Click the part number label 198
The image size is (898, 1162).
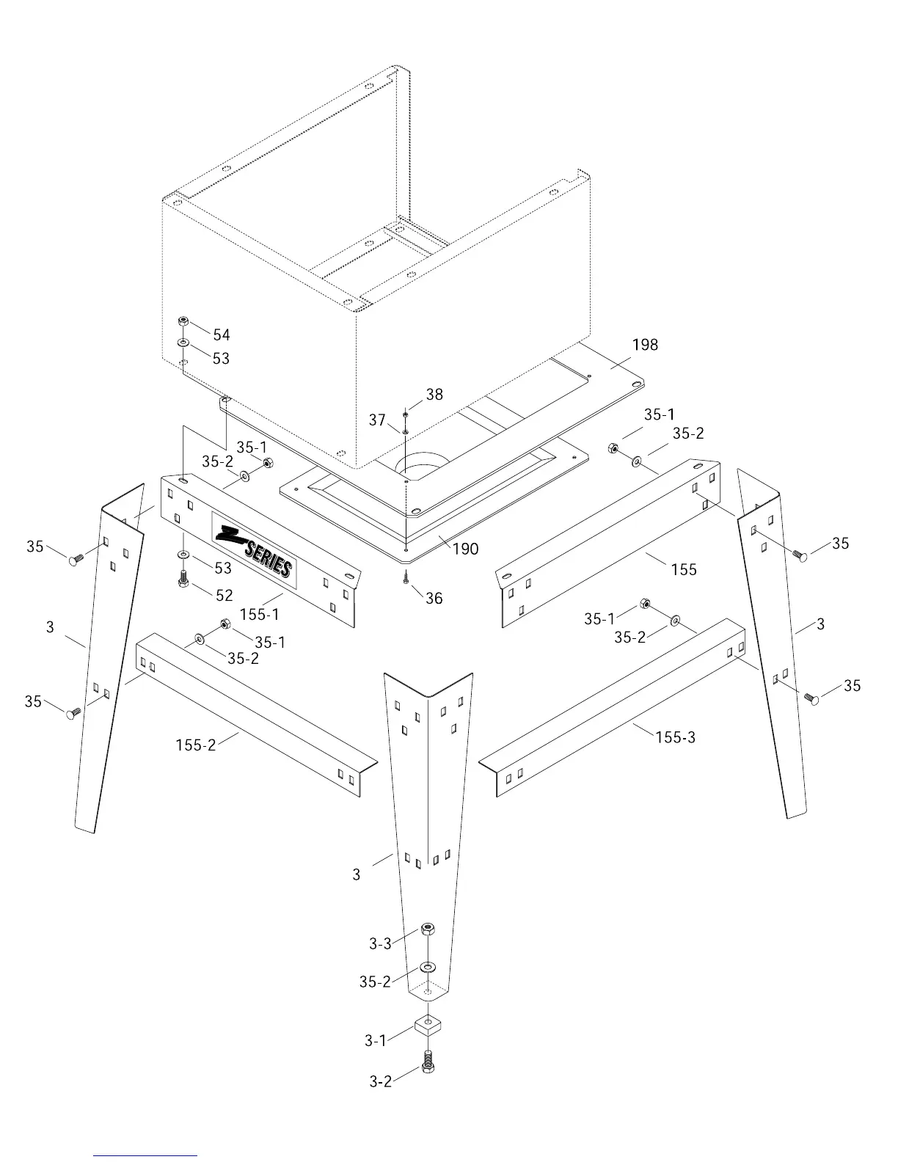tap(645, 345)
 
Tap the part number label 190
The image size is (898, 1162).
tap(465, 549)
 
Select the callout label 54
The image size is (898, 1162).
tap(222, 335)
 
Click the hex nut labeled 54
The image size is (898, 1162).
tap(183, 321)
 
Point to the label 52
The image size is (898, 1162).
tap(224, 596)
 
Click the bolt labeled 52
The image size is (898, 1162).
tap(183, 578)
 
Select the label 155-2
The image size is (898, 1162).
tap(196, 745)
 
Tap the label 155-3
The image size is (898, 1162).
tap(675, 737)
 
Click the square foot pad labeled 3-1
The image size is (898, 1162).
tap(428, 1025)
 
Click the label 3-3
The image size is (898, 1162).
tap(380, 943)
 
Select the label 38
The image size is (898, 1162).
tap(434, 395)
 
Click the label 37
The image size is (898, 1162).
tap(377, 420)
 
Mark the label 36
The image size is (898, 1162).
tap(434, 599)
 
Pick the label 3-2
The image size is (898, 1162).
tap(380, 1081)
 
